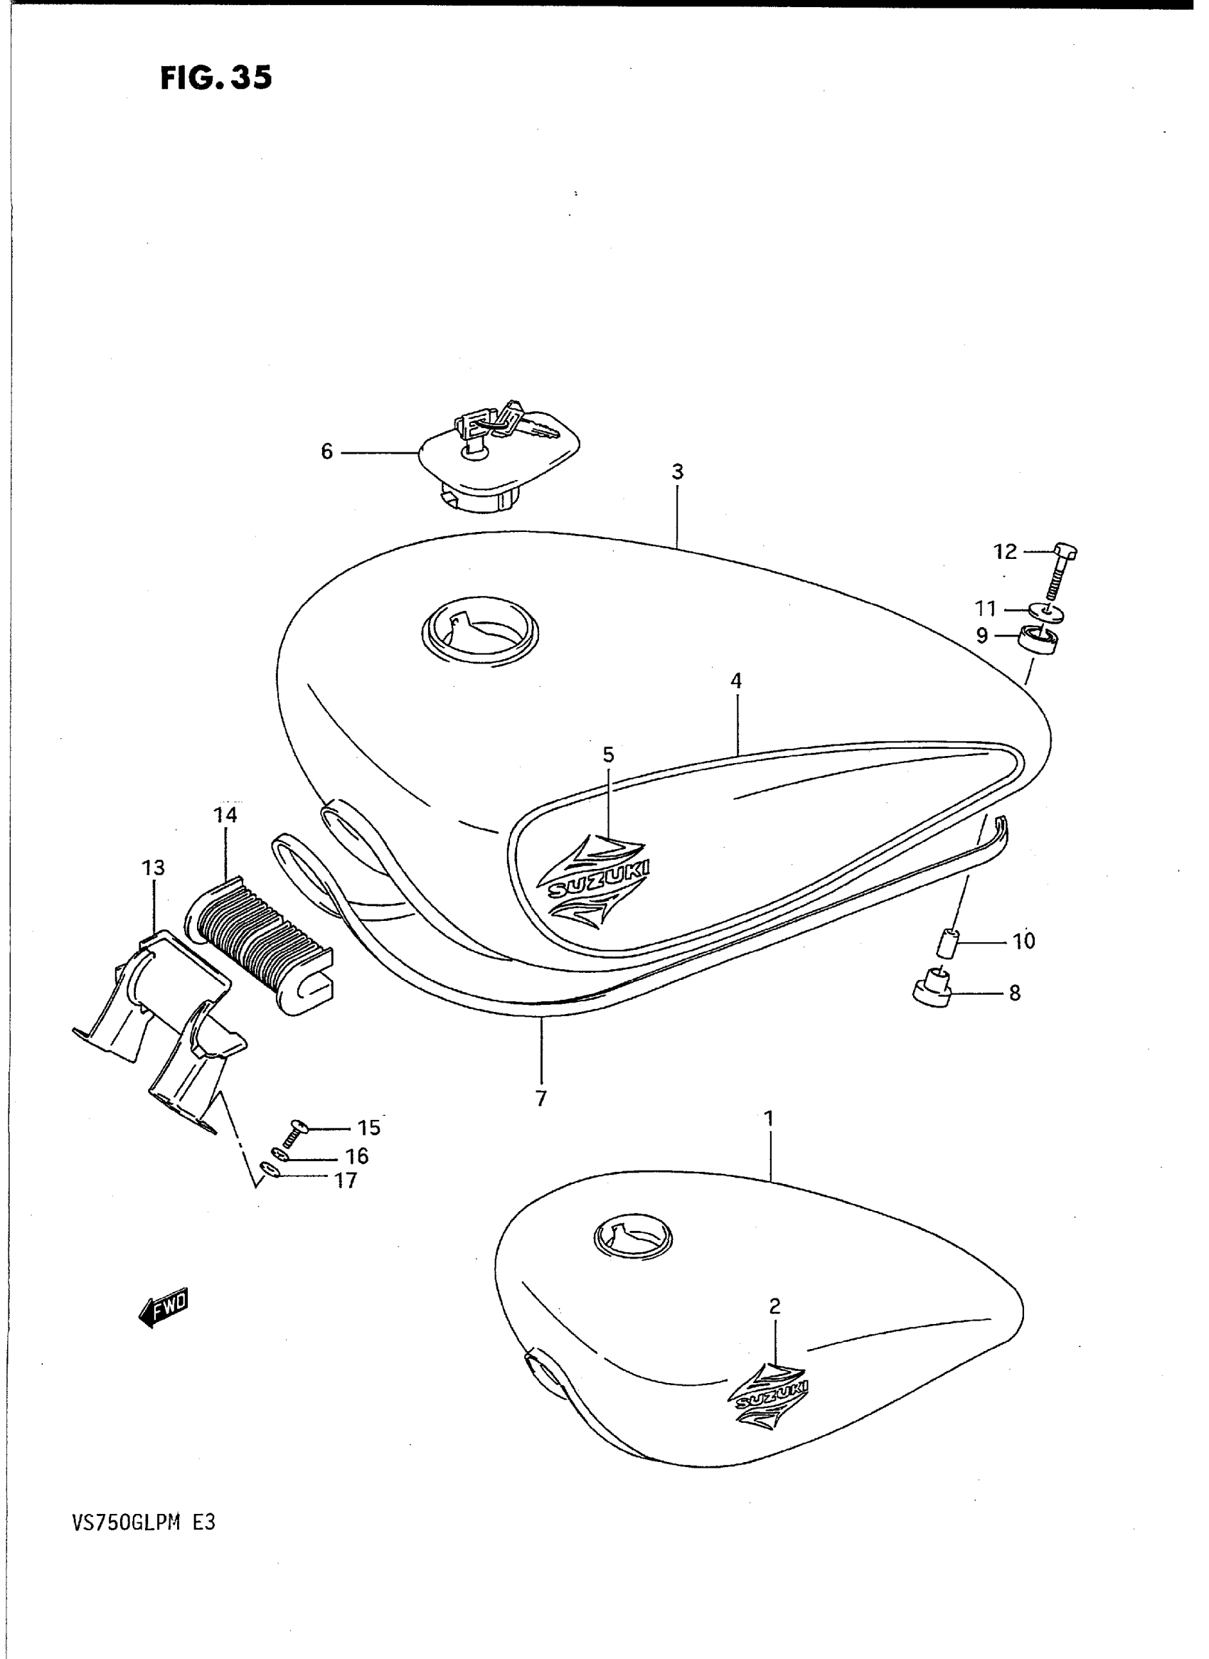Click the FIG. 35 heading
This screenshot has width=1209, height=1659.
point(216,77)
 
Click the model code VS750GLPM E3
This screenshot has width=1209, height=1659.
point(144,1523)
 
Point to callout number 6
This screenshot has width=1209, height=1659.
point(326,452)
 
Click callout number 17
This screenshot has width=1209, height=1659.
point(346,1180)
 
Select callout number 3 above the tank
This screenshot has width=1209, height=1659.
point(677,473)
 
